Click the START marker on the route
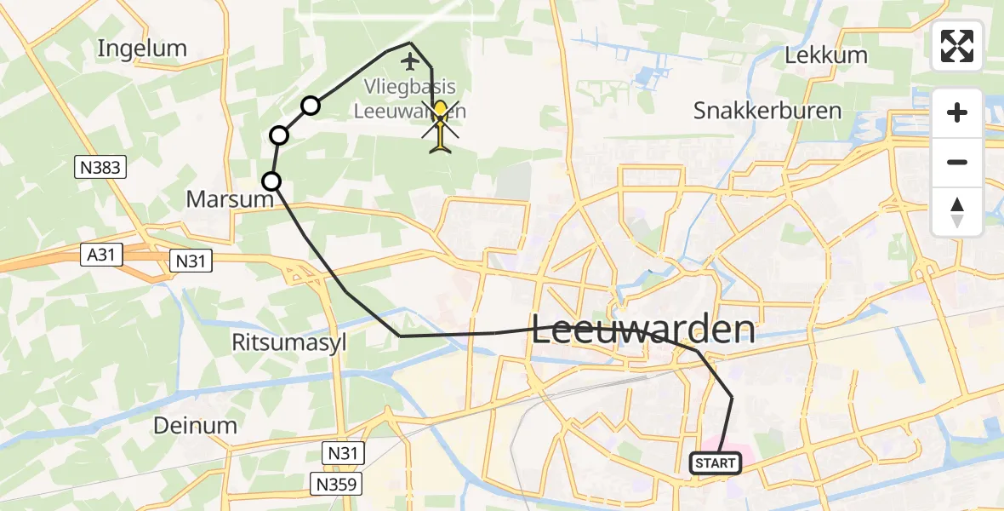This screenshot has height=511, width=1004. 715,463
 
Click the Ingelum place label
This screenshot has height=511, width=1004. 142,49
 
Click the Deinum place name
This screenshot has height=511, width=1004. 195,425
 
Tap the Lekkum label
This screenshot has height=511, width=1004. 826,56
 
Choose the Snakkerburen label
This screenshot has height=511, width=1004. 767,110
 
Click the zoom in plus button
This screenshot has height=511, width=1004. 957,113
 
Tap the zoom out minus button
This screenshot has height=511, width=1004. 957,162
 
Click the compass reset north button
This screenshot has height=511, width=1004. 957,211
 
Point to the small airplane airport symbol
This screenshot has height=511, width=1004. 411,61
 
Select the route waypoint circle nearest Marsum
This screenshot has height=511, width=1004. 271,181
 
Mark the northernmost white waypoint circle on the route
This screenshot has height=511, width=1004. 311,106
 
